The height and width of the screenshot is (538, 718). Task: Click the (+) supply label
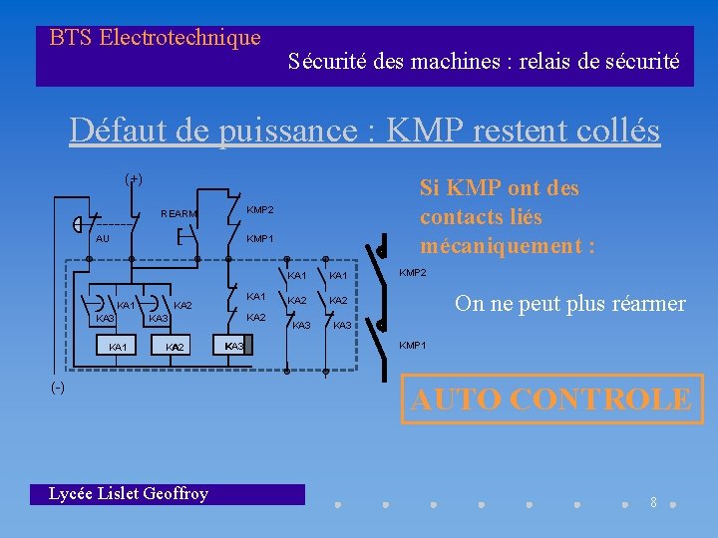(133, 179)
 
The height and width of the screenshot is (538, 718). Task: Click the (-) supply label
(59, 387)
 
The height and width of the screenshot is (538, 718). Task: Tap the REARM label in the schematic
(179, 214)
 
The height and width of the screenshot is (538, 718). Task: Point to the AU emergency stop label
(102, 239)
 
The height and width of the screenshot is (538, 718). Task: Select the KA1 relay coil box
(118, 346)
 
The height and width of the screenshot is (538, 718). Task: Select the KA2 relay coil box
(176, 346)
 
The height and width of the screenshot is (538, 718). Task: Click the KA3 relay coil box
(236, 346)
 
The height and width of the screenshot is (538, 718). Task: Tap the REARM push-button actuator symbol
(180, 238)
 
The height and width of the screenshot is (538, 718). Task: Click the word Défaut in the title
(110, 131)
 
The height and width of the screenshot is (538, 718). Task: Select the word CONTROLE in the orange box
(599, 400)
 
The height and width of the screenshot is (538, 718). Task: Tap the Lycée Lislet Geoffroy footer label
(129, 494)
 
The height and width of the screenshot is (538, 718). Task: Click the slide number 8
(653, 503)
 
